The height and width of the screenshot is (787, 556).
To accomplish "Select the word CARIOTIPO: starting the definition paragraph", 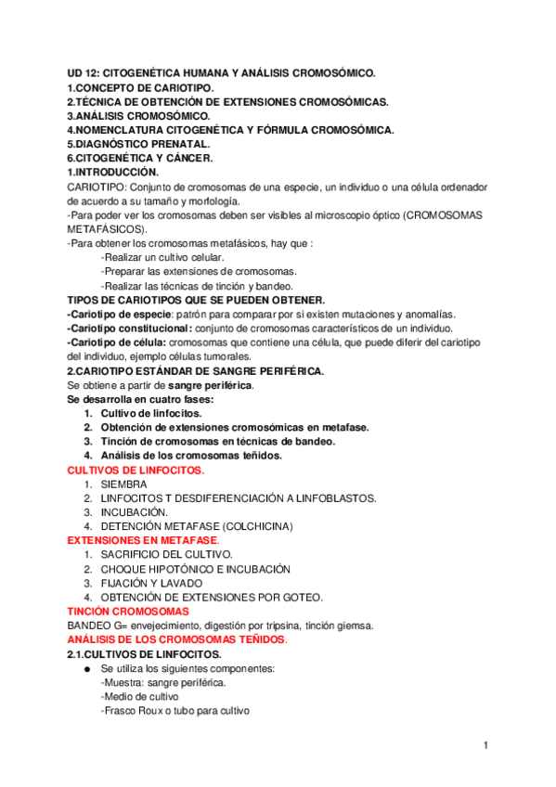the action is pos(98,187).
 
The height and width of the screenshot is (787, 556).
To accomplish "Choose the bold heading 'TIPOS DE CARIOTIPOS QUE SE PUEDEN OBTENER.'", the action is pos(196,300).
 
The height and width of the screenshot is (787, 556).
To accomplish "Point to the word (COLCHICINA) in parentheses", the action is pos(253,527).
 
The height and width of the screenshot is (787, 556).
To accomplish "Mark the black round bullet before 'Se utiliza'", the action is pos(86,669).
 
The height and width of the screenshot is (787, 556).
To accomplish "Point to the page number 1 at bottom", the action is pos(485,745).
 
